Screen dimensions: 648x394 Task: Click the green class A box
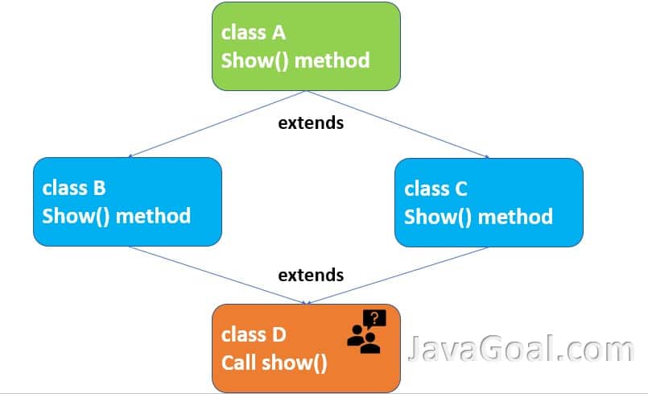click(306, 47)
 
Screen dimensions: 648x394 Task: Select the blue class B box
click(127, 201)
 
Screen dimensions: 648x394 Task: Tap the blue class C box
click(489, 202)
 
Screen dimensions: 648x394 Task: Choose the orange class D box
click(306, 348)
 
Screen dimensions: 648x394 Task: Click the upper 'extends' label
click(311, 123)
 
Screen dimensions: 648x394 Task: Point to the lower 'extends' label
click(311, 275)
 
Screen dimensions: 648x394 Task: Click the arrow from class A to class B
click(217, 124)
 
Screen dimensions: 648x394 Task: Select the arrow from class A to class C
click(398, 124)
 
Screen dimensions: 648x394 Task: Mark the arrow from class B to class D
click(217, 276)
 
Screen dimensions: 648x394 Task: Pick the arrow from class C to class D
click(398, 276)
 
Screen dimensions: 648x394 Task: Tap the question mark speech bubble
click(374, 319)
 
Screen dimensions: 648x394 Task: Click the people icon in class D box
click(363, 339)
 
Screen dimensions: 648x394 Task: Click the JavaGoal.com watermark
click(521, 348)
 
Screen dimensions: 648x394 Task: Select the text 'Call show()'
click(274, 363)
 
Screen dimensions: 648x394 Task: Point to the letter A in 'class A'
click(279, 33)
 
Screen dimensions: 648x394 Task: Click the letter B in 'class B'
click(100, 188)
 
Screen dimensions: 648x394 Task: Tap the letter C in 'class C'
click(460, 189)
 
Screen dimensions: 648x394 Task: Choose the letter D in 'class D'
click(279, 334)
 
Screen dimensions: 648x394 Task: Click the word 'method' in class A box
click(332, 60)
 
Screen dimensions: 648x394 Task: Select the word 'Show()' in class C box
click(438, 217)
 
